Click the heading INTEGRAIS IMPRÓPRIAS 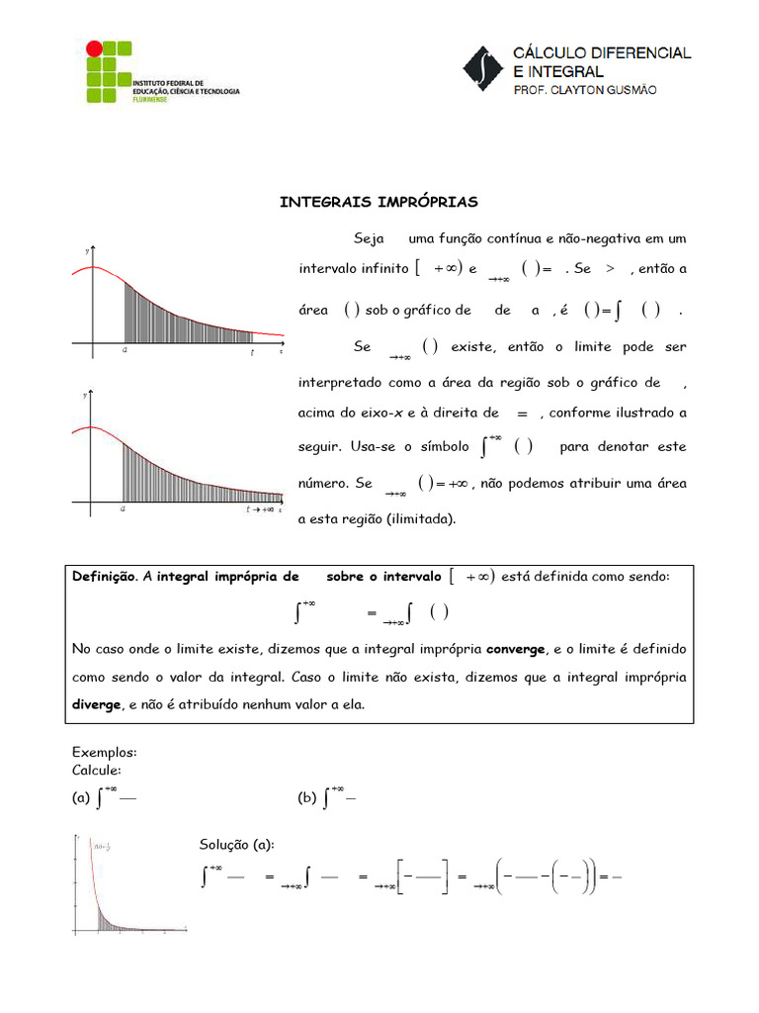pos(379,202)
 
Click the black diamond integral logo pos(483,68)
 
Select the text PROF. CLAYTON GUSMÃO pos(583,90)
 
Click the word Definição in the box pos(104,577)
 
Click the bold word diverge pos(95,705)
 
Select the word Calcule pos(97,770)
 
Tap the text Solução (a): pos(237,844)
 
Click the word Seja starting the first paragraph pos(368,239)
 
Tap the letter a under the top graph pos(124,350)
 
